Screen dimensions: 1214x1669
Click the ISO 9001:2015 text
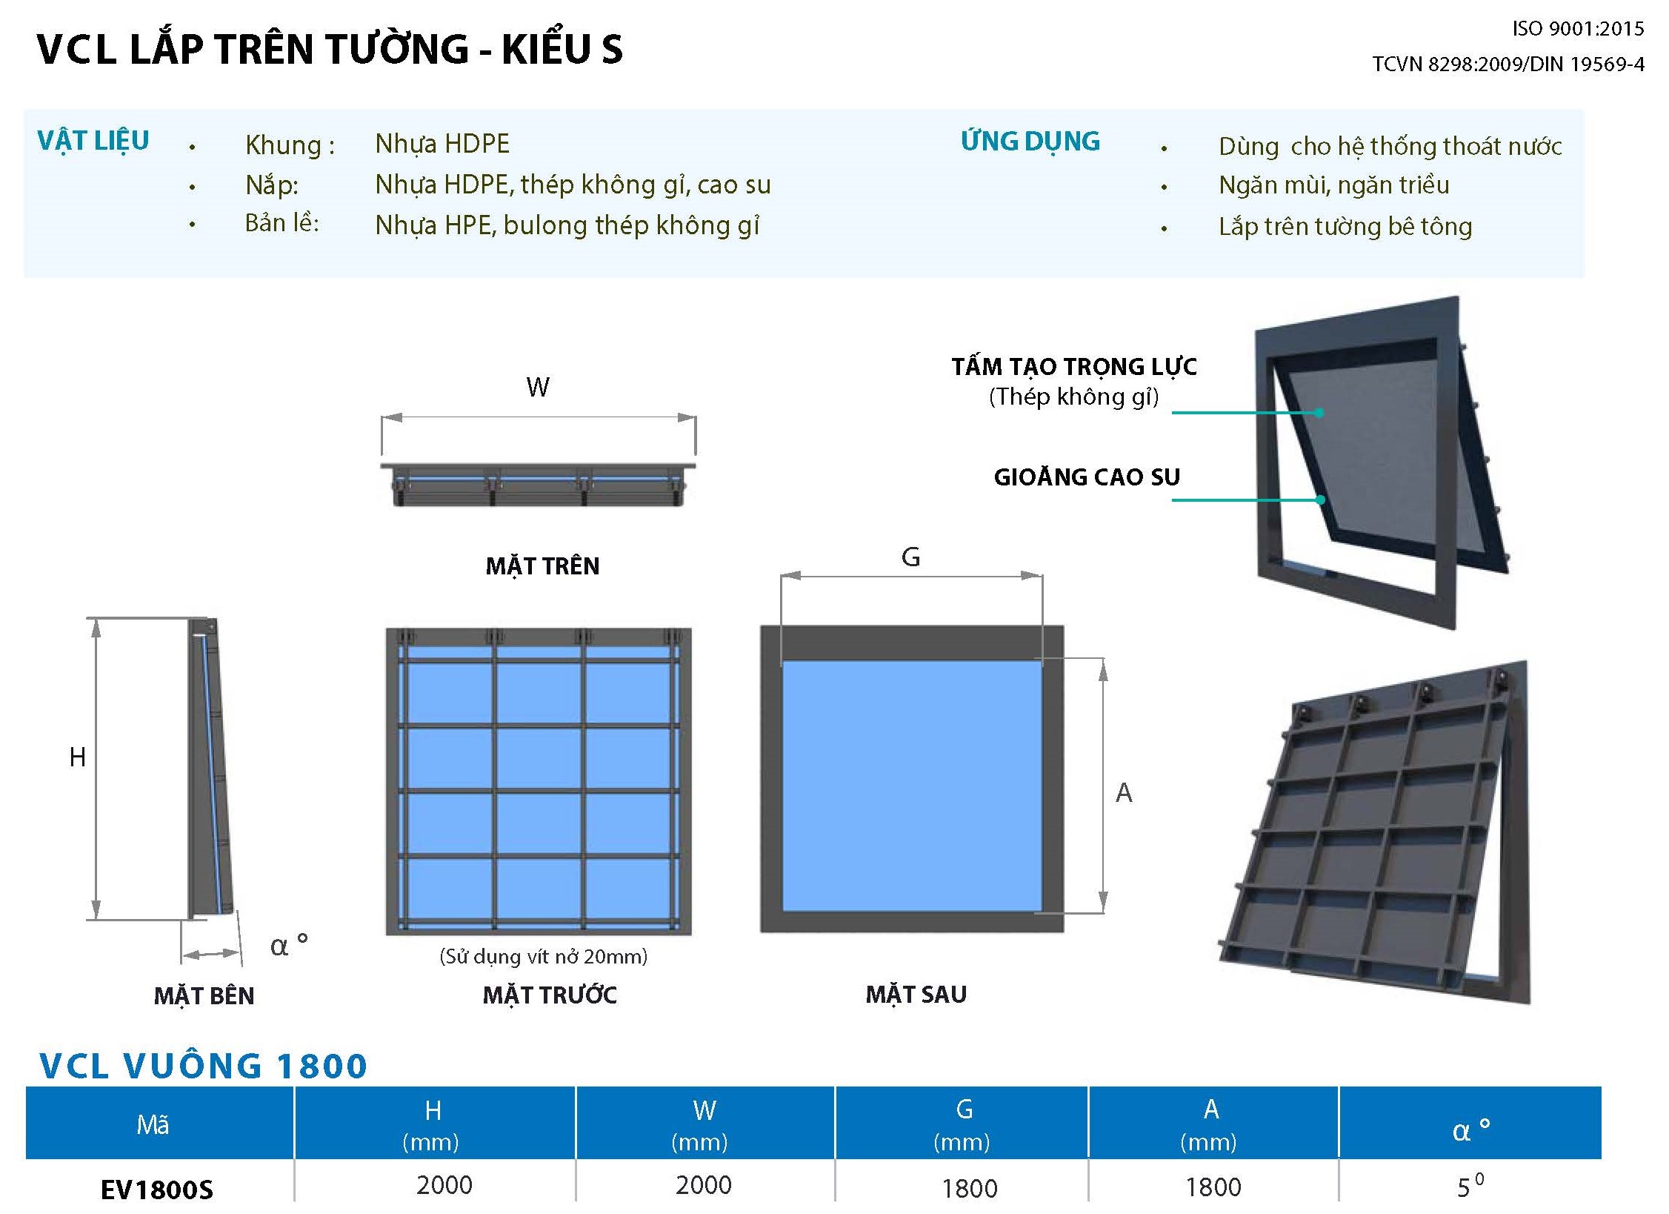tap(1577, 29)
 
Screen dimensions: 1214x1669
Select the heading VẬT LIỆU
tap(93, 141)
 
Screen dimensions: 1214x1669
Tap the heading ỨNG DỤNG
tap(1030, 142)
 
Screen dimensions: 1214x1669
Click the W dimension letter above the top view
tap(538, 387)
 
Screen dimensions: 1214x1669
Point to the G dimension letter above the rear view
tap(910, 557)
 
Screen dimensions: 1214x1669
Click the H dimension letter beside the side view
tap(77, 757)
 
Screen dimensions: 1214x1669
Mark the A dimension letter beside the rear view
tap(1124, 793)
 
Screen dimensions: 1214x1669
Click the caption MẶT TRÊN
tap(542, 566)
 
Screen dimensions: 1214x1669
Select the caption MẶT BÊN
tap(204, 995)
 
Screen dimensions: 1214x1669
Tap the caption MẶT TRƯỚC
tap(550, 995)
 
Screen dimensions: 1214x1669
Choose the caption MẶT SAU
tap(916, 994)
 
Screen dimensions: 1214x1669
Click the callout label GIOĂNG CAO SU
tap(1087, 477)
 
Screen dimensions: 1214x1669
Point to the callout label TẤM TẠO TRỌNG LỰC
tap(1074, 367)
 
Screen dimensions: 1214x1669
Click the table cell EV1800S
tap(156, 1190)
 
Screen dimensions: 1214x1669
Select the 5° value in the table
tap(1470, 1186)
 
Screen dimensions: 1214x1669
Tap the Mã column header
tap(153, 1124)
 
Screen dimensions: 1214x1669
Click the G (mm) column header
tap(962, 1124)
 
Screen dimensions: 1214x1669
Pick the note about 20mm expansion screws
tap(543, 956)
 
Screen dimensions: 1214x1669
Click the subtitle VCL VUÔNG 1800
tap(203, 1066)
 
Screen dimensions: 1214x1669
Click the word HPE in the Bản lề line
tap(468, 225)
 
